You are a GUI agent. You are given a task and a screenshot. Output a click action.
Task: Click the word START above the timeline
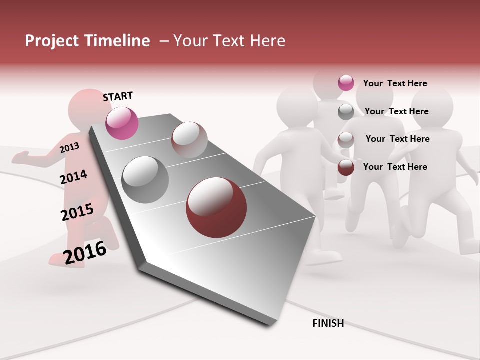pyautogui.click(x=118, y=96)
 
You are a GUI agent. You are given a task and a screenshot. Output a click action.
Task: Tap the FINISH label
pyautogui.click(x=328, y=323)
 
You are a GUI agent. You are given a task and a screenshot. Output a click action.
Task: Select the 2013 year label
pyautogui.click(x=69, y=148)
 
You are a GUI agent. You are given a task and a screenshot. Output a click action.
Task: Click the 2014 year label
pyautogui.click(x=73, y=177)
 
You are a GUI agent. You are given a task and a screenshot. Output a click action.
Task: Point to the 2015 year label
pyautogui.click(x=77, y=212)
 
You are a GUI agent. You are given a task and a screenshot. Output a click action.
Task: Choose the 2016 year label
pyautogui.click(x=85, y=253)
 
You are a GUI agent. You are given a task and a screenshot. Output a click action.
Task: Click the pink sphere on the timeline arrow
pyautogui.click(x=122, y=123)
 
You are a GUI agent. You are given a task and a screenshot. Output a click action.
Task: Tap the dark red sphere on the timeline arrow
pyautogui.click(x=216, y=207)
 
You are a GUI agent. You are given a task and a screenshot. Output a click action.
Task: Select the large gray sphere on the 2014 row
pyautogui.click(x=145, y=179)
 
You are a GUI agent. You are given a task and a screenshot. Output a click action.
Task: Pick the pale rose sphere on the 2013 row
pyautogui.click(x=189, y=139)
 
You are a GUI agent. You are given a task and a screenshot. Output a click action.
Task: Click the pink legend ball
pyautogui.click(x=346, y=83)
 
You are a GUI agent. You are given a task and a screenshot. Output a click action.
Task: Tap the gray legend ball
pyautogui.click(x=346, y=112)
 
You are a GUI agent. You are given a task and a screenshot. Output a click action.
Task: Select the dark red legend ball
pyautogui.click(x=346, y=167)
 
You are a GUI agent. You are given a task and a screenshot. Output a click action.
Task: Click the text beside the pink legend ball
pyautogui.click(x=395, y=83)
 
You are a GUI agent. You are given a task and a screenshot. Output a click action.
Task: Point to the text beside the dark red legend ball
pyautogui.click(x=395, y=167)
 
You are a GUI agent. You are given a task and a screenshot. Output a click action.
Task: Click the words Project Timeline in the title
pyautogui.click(x=87, y=41)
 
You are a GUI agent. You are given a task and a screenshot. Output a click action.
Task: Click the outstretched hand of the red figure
pyautogui.click(x=20, y=158)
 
